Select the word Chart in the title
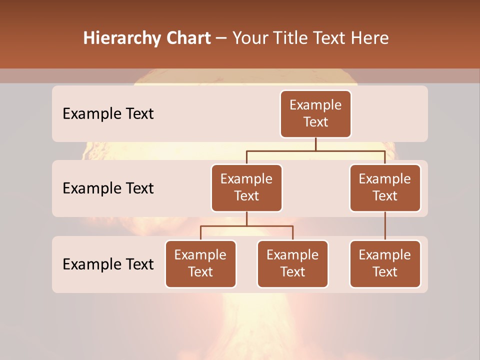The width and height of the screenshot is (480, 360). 188,38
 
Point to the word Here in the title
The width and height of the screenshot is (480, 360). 370,38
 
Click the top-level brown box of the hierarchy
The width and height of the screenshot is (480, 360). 315,114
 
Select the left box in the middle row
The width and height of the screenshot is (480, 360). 246,188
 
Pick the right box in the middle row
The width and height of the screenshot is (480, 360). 385,188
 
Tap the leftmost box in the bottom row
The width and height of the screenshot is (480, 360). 200,264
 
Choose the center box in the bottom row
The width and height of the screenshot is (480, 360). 292,264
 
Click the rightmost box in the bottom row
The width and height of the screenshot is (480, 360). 385,264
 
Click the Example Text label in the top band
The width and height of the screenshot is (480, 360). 108,114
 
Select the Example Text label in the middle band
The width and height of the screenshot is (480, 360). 108,188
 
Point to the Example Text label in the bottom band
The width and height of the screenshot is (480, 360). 108,264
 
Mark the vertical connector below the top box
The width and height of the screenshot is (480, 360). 315,144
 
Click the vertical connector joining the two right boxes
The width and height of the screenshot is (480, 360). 385,226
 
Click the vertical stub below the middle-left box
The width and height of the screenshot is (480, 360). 246,219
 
